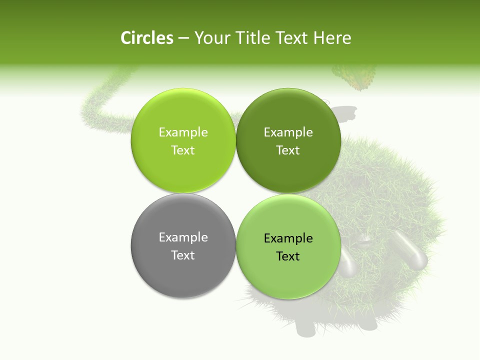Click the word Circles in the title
147,38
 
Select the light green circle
183,140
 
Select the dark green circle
288,140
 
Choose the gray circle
183,245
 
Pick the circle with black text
288,246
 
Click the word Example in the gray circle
183,237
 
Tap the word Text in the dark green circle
288,150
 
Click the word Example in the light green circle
183,132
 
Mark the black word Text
288,256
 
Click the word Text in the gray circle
183,255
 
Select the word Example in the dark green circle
288,132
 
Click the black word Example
288,238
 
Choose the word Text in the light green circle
183,150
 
